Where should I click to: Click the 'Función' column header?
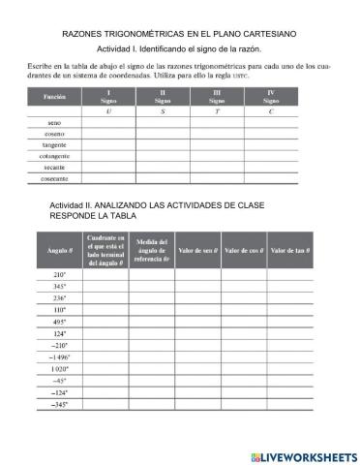click(x=54, y=98)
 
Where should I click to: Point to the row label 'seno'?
click(x=54, y=124)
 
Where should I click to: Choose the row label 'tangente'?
click(x=54, y=145)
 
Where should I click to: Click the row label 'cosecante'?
click(x=54, y=178)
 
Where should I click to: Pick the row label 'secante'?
click(x=54, y=168)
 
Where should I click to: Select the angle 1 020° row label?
click(x=59, y=369)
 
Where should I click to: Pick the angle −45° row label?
click(x=59, y=381)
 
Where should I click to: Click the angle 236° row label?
click(x=59, y=298)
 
